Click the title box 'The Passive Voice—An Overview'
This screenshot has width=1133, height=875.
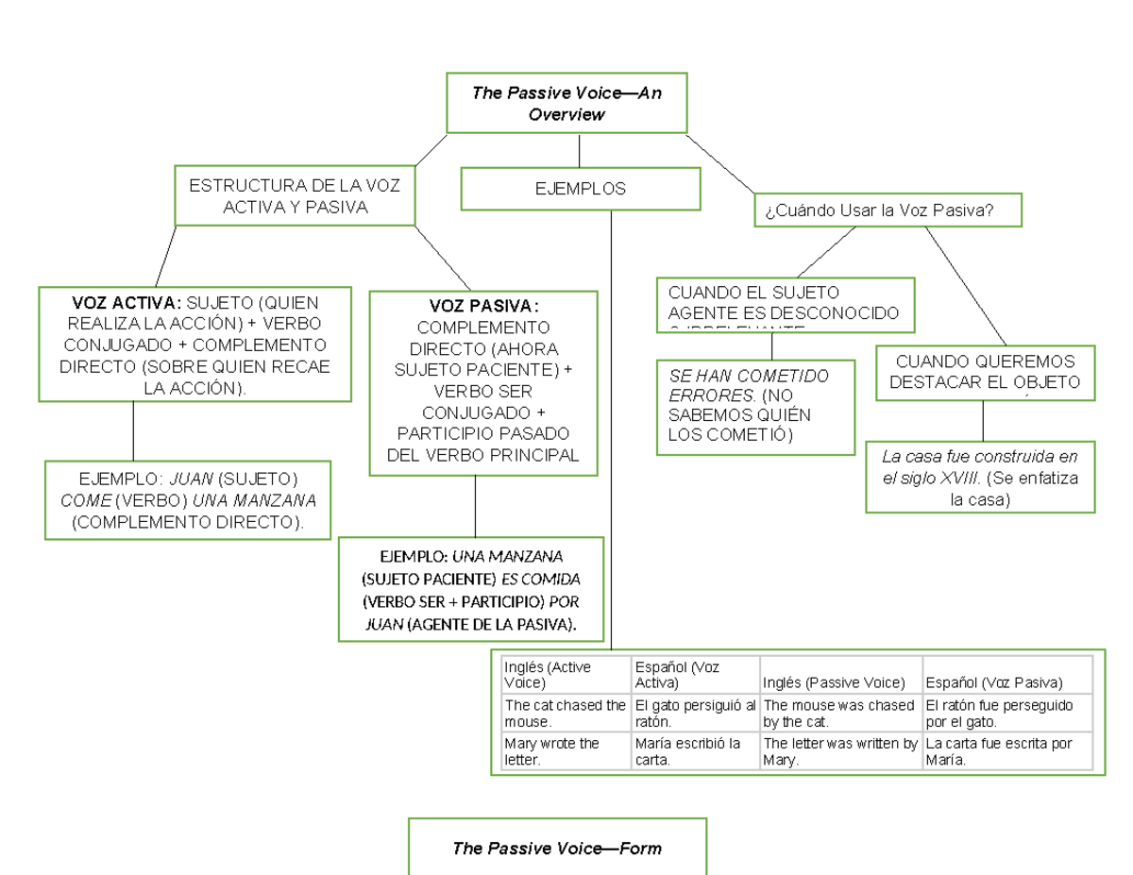[566, 103]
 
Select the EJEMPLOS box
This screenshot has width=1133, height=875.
[580, 189]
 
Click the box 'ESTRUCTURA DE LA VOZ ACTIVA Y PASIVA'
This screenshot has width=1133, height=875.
[295, 196]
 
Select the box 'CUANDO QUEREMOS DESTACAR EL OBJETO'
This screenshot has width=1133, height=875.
[985, 372]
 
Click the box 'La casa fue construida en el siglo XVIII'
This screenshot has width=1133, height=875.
[980, 478]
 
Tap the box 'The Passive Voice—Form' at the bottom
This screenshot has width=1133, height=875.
[557, 848]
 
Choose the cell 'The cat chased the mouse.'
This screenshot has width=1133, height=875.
[565, 714]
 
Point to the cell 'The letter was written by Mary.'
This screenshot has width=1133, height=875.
[839, 751]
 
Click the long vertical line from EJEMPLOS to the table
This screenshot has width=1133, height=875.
[612, 425]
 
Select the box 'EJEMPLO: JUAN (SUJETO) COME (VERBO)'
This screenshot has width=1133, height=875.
[188, 499]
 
